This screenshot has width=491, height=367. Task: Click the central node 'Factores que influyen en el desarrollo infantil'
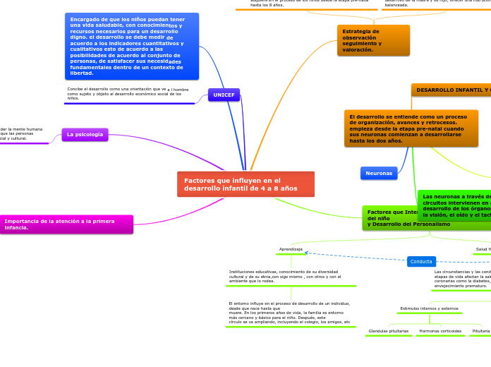[x=245, y=184]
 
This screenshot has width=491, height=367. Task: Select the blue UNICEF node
[x=224, y=95]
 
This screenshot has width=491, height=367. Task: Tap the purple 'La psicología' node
[x=85, y=134]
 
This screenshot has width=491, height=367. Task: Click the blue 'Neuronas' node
[x=379, y=173]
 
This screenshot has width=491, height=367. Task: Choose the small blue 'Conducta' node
[x=421, y=261]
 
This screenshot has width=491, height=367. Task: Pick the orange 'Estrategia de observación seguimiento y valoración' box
[x=372, y=40]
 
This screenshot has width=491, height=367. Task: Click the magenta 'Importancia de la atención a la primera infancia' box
[x=66, y=224]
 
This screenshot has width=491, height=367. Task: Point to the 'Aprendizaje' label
[x=291, y=249]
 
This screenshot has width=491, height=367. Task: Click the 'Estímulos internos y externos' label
[x=429, y=308]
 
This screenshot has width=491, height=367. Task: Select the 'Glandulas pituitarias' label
[x=389, y=331]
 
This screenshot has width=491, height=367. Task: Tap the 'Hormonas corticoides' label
[x=440, y=331]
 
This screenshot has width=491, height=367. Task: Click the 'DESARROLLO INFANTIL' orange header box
[x=451, y=90]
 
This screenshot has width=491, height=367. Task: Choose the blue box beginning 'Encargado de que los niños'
[x=131, y=46]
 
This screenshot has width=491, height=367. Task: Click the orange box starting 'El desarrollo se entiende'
[x=411, y=128]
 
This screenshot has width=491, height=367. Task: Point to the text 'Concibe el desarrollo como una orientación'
[x=128, y=93]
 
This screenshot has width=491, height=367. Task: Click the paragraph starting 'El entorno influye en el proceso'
[x=289, y=312]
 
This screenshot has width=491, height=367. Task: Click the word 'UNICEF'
[x=224, y=95]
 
